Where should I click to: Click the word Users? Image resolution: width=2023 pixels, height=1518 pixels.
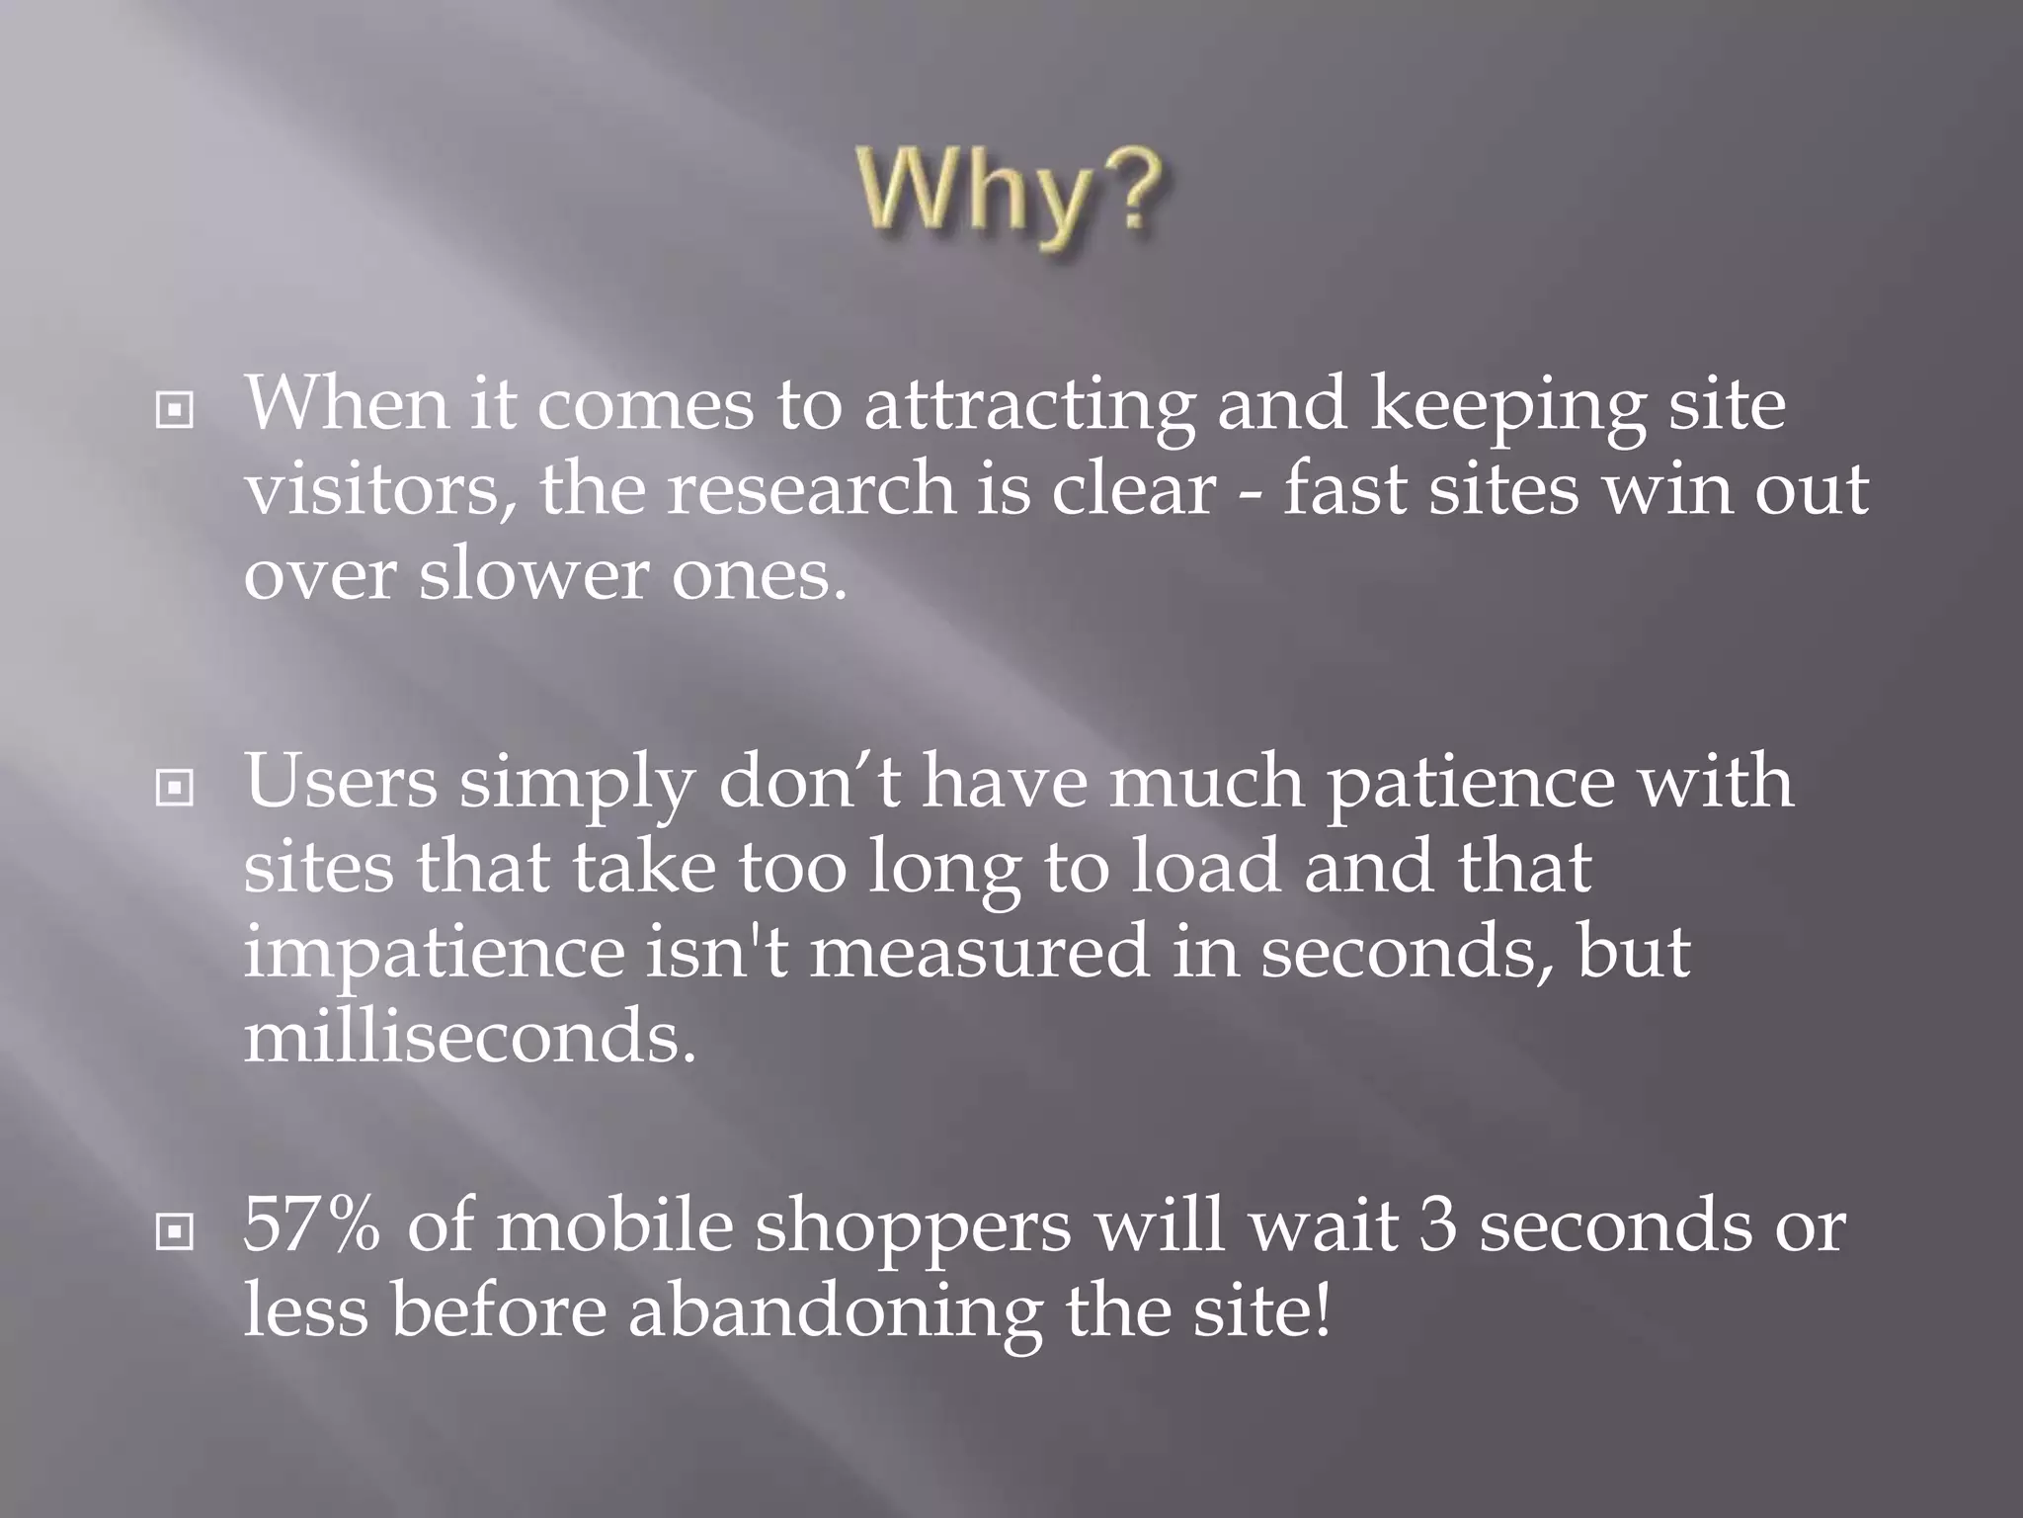pyautogui.click(x=340, y=781)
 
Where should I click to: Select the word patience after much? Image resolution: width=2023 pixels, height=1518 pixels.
pyautogui.click(x=1470, y=783)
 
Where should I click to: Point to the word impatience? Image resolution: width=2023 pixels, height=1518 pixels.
pyautogui.click(x=435, y=951)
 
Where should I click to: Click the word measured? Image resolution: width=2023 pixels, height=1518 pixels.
pyautogui.click(x=979, y=951)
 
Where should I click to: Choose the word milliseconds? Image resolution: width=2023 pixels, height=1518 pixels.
pyautogui.click(x=470, y=1036)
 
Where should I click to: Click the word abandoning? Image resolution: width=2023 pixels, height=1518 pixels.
pyautogui.click(x=835, y=1312)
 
